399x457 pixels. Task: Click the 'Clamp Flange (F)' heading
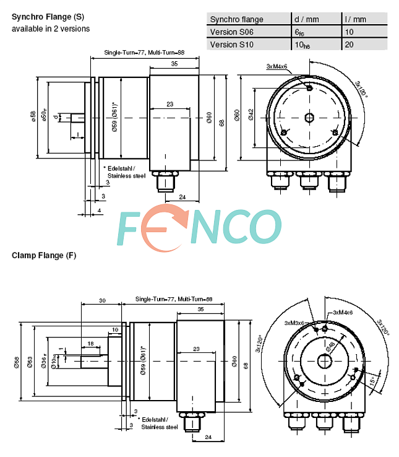point(44,255)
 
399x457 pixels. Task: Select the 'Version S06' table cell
point(231,32)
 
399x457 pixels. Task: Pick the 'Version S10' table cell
point(231,45)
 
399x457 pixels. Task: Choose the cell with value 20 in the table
point(350,45)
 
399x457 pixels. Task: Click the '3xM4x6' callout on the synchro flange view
point(277,66)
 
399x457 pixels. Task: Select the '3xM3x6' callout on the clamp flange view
point(295,323)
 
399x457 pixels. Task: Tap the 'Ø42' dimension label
point(251,114)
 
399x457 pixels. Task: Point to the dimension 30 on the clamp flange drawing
point(102,300)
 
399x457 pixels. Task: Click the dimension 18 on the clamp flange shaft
point(90,343)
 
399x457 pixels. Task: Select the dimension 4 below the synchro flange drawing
point(100,211)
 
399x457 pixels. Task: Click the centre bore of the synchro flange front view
point(309,117)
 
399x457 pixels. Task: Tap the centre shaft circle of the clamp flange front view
point(324,362)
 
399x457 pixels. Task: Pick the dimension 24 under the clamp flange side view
point(208,437)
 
